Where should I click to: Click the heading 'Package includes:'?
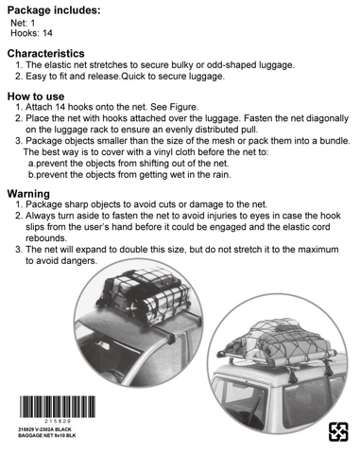(x=54, y=10)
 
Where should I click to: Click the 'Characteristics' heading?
(x=46, y=53)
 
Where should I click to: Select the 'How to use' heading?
(x=36, y=96)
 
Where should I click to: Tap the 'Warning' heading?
(x=28, y=194)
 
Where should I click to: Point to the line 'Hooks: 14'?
(x=31, y=33)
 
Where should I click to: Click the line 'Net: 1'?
(x=23, y=23)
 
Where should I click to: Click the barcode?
(x=58, y=407)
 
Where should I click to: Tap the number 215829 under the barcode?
(x=58, y=421)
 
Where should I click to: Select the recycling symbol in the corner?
(x=338, y=432)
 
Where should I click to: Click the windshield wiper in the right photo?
(x=254, y=410)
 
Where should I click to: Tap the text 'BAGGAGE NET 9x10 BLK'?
(x=47, y=436)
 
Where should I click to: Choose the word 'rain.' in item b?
(x=222, y=175)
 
